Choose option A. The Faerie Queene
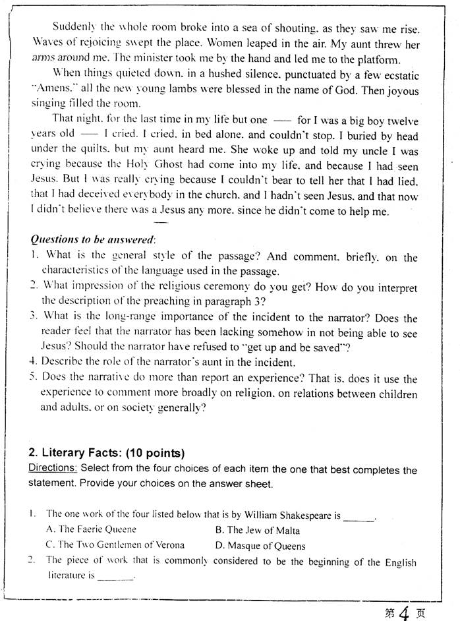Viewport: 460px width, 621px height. click(x=91, y=529)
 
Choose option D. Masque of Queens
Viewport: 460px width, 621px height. click(x=260, y=546)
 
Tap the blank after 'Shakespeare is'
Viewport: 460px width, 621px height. click(x=359, y=516)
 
